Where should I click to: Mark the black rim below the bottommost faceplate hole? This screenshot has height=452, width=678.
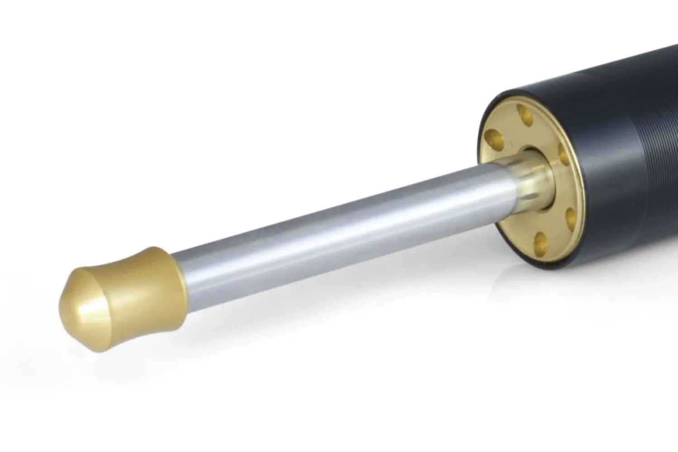(543, 262)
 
